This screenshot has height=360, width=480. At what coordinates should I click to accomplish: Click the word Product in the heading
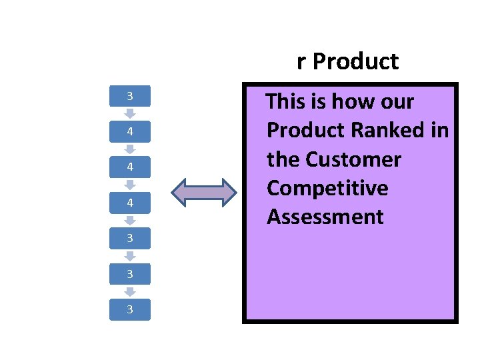(355, 62)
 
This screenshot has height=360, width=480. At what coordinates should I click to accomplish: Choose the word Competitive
(327, 189)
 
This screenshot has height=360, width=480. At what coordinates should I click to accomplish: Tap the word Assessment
(325, 217)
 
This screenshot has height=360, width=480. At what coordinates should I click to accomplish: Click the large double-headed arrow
(204, 192)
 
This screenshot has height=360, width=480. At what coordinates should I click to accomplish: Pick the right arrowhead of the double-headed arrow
(228, 192)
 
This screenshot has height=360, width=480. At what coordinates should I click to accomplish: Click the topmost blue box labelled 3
(130, 97)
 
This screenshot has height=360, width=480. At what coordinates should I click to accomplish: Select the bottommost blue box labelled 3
(130, 309)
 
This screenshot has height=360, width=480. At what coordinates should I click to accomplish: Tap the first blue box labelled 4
(130, 132)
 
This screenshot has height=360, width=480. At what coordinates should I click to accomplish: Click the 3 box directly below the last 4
(130, 238)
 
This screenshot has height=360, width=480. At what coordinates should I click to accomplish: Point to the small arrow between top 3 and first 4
(130, 115)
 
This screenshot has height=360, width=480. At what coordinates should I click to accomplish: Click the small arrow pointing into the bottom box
(130, 291)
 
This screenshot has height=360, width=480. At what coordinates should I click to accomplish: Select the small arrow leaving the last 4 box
(130, 221)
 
